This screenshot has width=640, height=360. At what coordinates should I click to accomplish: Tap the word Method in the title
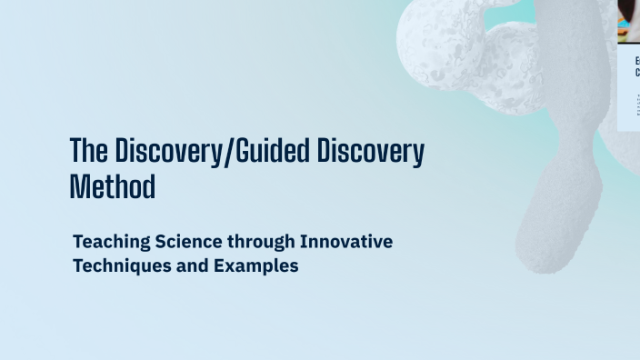pos(113,185)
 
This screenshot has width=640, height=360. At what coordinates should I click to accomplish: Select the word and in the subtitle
pos(181,267)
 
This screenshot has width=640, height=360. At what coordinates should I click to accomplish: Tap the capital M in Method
pos(78,185)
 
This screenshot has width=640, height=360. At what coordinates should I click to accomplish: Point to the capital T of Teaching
pos(77,243)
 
